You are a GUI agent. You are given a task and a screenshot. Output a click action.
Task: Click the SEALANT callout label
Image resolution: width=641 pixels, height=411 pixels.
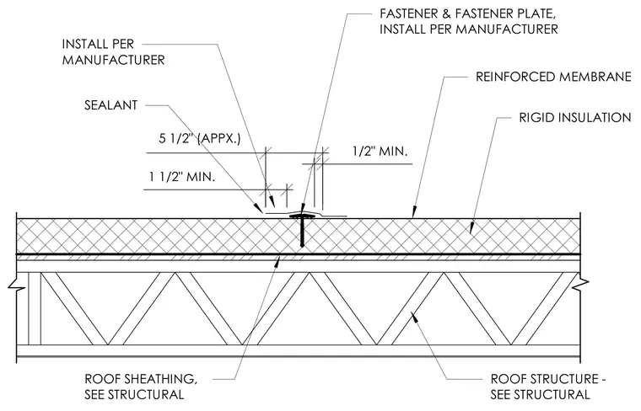pos(110,105)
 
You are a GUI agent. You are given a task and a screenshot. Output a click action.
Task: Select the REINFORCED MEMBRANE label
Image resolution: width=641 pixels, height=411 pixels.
pos(553,77)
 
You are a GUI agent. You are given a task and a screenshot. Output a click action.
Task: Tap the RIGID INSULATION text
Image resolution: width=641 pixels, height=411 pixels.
pos(575,118)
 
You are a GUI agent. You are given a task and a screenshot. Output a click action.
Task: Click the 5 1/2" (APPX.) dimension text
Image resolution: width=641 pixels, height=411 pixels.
pos(200,139)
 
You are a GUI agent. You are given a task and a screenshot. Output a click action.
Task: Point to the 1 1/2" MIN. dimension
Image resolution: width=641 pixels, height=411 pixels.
pos(182,177)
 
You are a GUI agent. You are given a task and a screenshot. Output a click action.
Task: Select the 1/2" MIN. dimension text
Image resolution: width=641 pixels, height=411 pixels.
pos(380,152)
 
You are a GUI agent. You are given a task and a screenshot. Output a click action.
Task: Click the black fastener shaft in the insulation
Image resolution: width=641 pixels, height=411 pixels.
pos(302,232)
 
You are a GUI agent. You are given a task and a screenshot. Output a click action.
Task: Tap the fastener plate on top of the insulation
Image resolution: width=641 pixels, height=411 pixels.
pos(302,216)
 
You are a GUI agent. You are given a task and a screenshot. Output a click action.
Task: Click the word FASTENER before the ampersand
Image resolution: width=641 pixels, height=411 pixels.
pos(409,13)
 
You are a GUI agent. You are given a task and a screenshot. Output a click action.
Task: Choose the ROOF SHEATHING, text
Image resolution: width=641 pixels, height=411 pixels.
pos(141,379)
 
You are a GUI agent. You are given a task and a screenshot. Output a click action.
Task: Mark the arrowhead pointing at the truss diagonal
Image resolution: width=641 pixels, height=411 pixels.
pos(414,317)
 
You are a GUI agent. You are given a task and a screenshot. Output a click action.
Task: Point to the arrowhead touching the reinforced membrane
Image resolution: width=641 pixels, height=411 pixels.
pos(414,212)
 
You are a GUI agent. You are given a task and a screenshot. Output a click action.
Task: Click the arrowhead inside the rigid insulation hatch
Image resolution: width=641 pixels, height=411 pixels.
pos(471,228)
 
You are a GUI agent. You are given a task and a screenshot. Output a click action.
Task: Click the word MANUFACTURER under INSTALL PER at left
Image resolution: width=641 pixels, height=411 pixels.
pos(113,60)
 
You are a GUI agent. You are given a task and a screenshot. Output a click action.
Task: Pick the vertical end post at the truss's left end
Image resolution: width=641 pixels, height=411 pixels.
pos(35,308)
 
